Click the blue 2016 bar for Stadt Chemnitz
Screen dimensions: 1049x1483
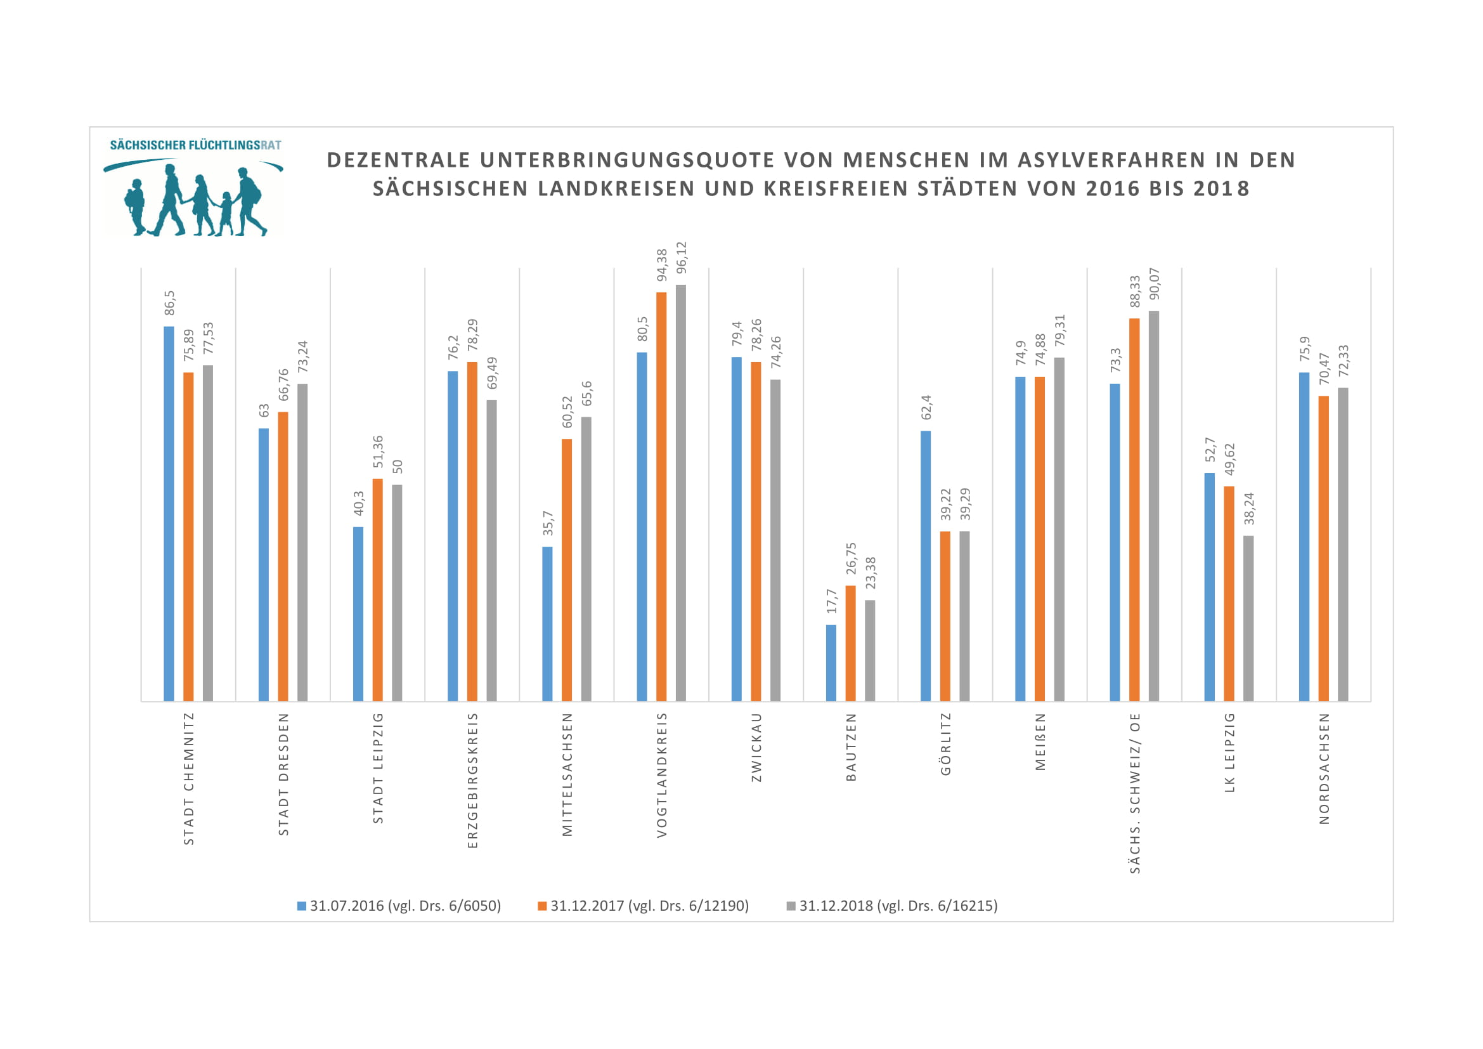coord(169,514)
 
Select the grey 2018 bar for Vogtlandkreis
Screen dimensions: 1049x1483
coord(681,493)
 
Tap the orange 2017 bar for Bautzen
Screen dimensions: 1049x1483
coord(851,643)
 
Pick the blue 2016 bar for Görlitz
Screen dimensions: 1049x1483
coord(926,566)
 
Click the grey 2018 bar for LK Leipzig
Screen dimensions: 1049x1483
coord(1248,618)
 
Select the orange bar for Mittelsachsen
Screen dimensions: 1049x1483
coord(566,570)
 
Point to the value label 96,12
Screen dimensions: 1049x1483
coord(682,257)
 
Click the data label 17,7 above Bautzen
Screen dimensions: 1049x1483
coord(831,601)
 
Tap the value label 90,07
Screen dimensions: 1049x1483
coord(1154,283)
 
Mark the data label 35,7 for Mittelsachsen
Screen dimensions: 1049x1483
coord(548,523)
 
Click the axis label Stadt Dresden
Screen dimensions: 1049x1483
coord(283,774)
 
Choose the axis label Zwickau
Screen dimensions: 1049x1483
coord(756,747)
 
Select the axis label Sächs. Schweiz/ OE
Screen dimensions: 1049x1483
coord(1135,793)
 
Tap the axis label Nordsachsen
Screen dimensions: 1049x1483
coord(1324,769)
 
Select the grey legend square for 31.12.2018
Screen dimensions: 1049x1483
coord(791,906)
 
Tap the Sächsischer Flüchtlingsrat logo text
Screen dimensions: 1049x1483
coord(195,145)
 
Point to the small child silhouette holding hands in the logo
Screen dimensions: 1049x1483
coord(226,212)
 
